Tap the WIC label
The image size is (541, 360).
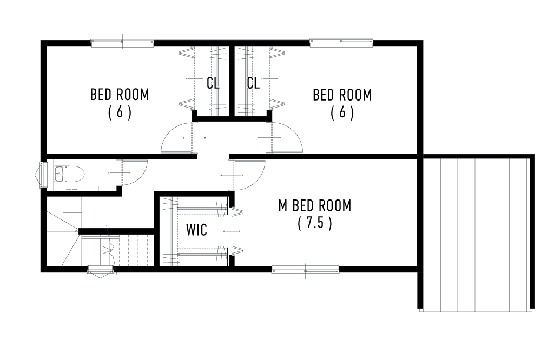click(196, 230)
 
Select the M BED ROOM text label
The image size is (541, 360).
click(314, 205)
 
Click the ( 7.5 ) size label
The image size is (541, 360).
click(314, 223)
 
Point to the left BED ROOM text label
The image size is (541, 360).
click(119, 95)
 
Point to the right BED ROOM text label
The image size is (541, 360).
click(342, 95)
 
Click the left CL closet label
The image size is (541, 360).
click(213, 83)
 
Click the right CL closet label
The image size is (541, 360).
click(253, 83)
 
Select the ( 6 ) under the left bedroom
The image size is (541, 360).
click(119, 112)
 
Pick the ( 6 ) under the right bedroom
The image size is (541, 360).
click(342, 112)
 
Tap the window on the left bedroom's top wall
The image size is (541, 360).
click(122, 43)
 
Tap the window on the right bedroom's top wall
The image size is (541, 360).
click(341, 43)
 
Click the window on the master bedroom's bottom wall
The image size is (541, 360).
click(305, 269)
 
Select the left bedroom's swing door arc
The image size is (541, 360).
click(177, 138)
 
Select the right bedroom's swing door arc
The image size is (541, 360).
click(286, 138)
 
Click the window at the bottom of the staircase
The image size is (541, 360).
click(101, 270)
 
